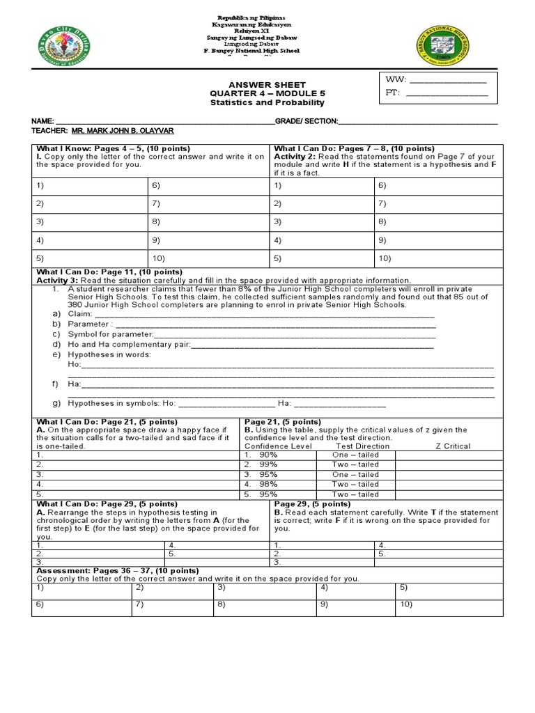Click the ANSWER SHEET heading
[267, 85]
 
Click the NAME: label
[43, 121]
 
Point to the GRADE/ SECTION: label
[307, 121]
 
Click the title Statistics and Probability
[267, 102]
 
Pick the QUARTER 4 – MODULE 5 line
[267, 93]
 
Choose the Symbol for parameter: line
[251, 334]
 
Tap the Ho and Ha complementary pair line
[251, 344]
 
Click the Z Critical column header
[453, 446]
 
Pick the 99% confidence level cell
[268, 464]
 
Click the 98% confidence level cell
[268, 484]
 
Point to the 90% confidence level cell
[268, 455]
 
